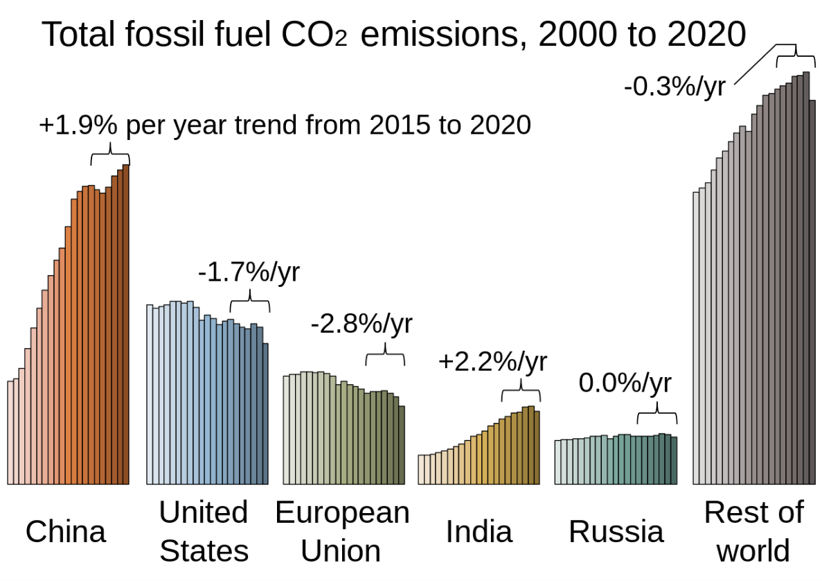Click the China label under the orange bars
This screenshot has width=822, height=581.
[66, 532]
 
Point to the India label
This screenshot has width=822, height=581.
[479, 532]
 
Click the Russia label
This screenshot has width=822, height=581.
[616, 532]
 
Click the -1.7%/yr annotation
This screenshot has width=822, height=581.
[249, 272]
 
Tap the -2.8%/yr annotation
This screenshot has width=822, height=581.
[361, 323]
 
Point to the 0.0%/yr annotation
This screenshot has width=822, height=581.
[625, 383]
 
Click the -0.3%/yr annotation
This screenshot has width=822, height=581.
[674, 87]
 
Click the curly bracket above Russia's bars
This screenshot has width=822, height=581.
[656, 417]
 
